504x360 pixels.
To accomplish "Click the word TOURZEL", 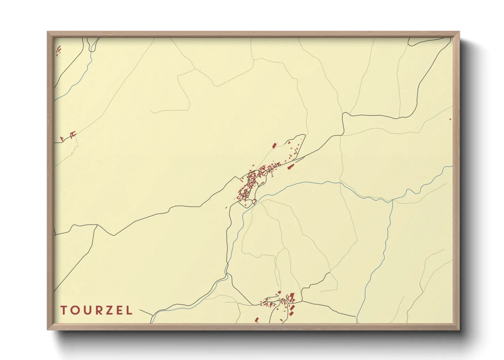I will tap(96, 310).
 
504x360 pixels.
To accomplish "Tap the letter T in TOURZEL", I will tap(64, 310).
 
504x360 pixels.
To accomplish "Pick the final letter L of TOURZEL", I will tap(129, 310).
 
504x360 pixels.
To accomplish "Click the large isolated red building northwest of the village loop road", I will tap(274, 145).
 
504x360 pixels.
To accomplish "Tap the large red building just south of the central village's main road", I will tap(290, 167).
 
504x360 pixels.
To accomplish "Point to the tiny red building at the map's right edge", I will tap(450, 119).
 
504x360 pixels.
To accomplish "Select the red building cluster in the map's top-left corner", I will tap(58, 50).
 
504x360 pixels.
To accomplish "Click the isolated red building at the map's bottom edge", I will tap(257, 320).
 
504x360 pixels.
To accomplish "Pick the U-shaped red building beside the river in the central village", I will tap(254, 201).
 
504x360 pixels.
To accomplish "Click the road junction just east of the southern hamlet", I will tap(302, 301).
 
